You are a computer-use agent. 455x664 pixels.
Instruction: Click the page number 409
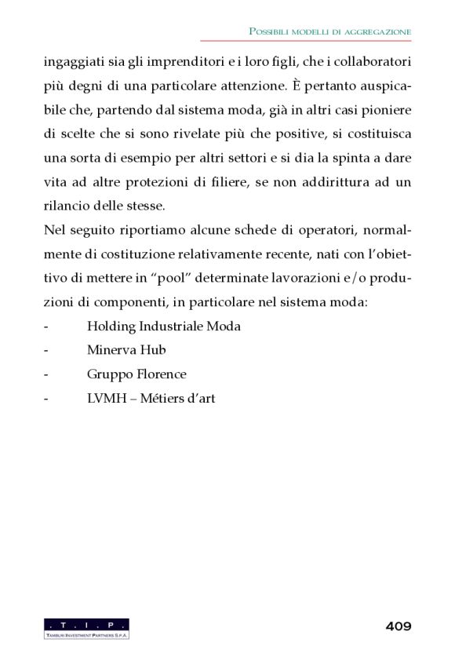[x=399, y=626]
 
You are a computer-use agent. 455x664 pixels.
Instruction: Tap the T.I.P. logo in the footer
[x=86, y=628]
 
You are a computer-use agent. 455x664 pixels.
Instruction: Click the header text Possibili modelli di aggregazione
[x=330, y=31]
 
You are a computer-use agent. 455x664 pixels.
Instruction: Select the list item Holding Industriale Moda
[x=164, y=326]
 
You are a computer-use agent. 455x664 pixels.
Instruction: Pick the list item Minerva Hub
[x=126, y=350]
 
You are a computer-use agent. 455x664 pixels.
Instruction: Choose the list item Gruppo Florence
[x=136, y=374]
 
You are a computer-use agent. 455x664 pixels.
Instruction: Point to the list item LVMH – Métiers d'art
[x=151, y=399]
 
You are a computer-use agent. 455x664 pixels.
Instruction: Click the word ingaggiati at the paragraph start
[x=73, y=60]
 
